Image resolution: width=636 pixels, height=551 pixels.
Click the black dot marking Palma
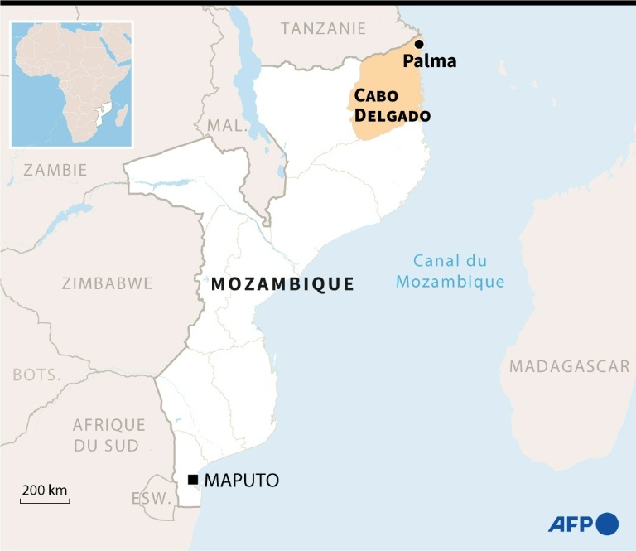coord(419,44)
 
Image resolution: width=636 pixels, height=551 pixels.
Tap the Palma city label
coord(429,61)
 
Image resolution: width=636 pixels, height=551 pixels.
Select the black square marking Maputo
coord(192,480)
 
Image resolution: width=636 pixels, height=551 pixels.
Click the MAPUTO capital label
coord(241,480)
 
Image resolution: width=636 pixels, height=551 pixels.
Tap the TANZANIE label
coord(323,28)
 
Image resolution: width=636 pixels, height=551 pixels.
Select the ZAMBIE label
coord(55,170)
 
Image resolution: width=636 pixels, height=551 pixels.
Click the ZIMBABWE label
coord(107,283)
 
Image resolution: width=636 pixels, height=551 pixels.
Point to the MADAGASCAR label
coord(569,366)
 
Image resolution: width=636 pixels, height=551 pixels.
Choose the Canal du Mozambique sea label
coord(450,271)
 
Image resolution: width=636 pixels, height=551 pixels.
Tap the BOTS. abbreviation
coord(36,375)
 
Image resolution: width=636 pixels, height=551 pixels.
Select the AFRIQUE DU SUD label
coord(108,435)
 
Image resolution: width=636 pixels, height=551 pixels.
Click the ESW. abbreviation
coord(150,499)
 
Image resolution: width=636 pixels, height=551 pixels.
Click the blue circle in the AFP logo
coord(607,524)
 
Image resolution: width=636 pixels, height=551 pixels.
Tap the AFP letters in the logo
coord(570,524)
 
